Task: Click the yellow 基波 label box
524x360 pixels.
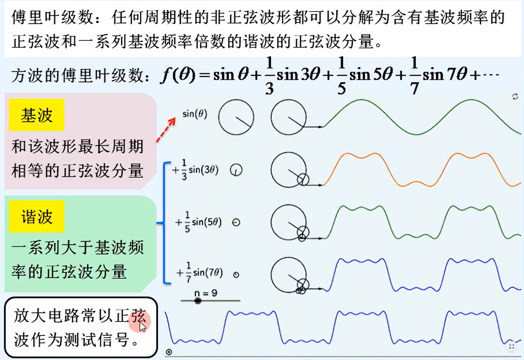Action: [37, 115]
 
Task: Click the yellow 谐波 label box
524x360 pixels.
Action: [37, 217]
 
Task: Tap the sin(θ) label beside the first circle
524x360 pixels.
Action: [194, 115]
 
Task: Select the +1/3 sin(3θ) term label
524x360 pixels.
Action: [195, 170]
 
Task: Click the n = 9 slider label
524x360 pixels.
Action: [206, 293]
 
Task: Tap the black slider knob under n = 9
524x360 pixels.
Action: [198, 301]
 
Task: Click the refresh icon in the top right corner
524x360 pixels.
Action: [515, 97]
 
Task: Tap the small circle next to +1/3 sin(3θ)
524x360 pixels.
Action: [236, 170]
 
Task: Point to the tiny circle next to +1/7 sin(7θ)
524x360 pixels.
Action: [236, 275]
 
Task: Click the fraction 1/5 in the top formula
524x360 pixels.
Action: [341, 76]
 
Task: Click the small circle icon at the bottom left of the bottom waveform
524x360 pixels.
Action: [169, 352]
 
